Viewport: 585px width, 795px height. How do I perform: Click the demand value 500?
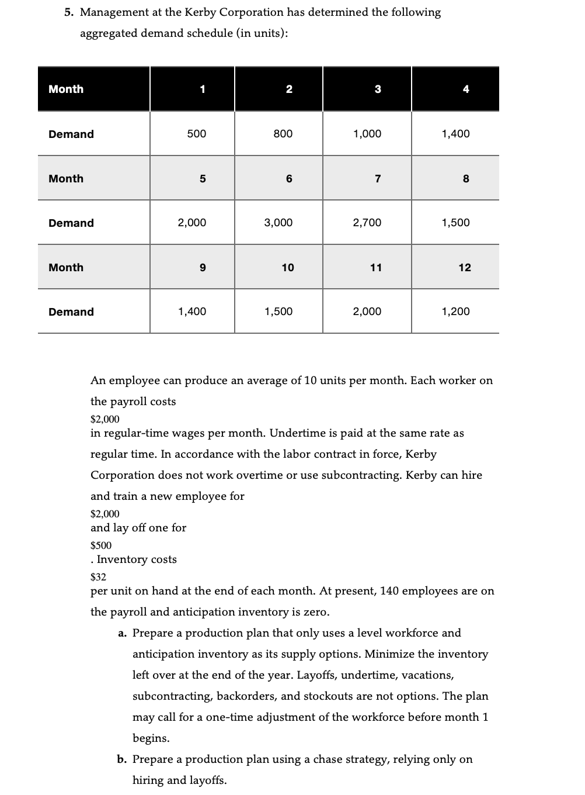click(196, 134)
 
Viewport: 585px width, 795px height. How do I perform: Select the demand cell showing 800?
click(283, 134)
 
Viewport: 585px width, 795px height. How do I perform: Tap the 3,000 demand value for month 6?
click(278, 223)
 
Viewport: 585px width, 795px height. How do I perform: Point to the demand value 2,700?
click(367, 223)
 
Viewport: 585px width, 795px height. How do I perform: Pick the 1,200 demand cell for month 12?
click(455, 312)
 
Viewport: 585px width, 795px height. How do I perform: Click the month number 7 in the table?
click(378, 179)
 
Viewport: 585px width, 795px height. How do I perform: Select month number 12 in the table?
click(464, 268)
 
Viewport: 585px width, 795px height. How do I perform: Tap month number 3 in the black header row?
click(378, 89)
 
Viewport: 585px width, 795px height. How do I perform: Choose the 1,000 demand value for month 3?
click(367, 134)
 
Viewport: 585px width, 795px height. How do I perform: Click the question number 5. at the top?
click(70, 12)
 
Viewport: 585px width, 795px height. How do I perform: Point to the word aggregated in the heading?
click(106, 33)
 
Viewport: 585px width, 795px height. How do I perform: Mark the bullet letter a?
click(122, 633)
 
